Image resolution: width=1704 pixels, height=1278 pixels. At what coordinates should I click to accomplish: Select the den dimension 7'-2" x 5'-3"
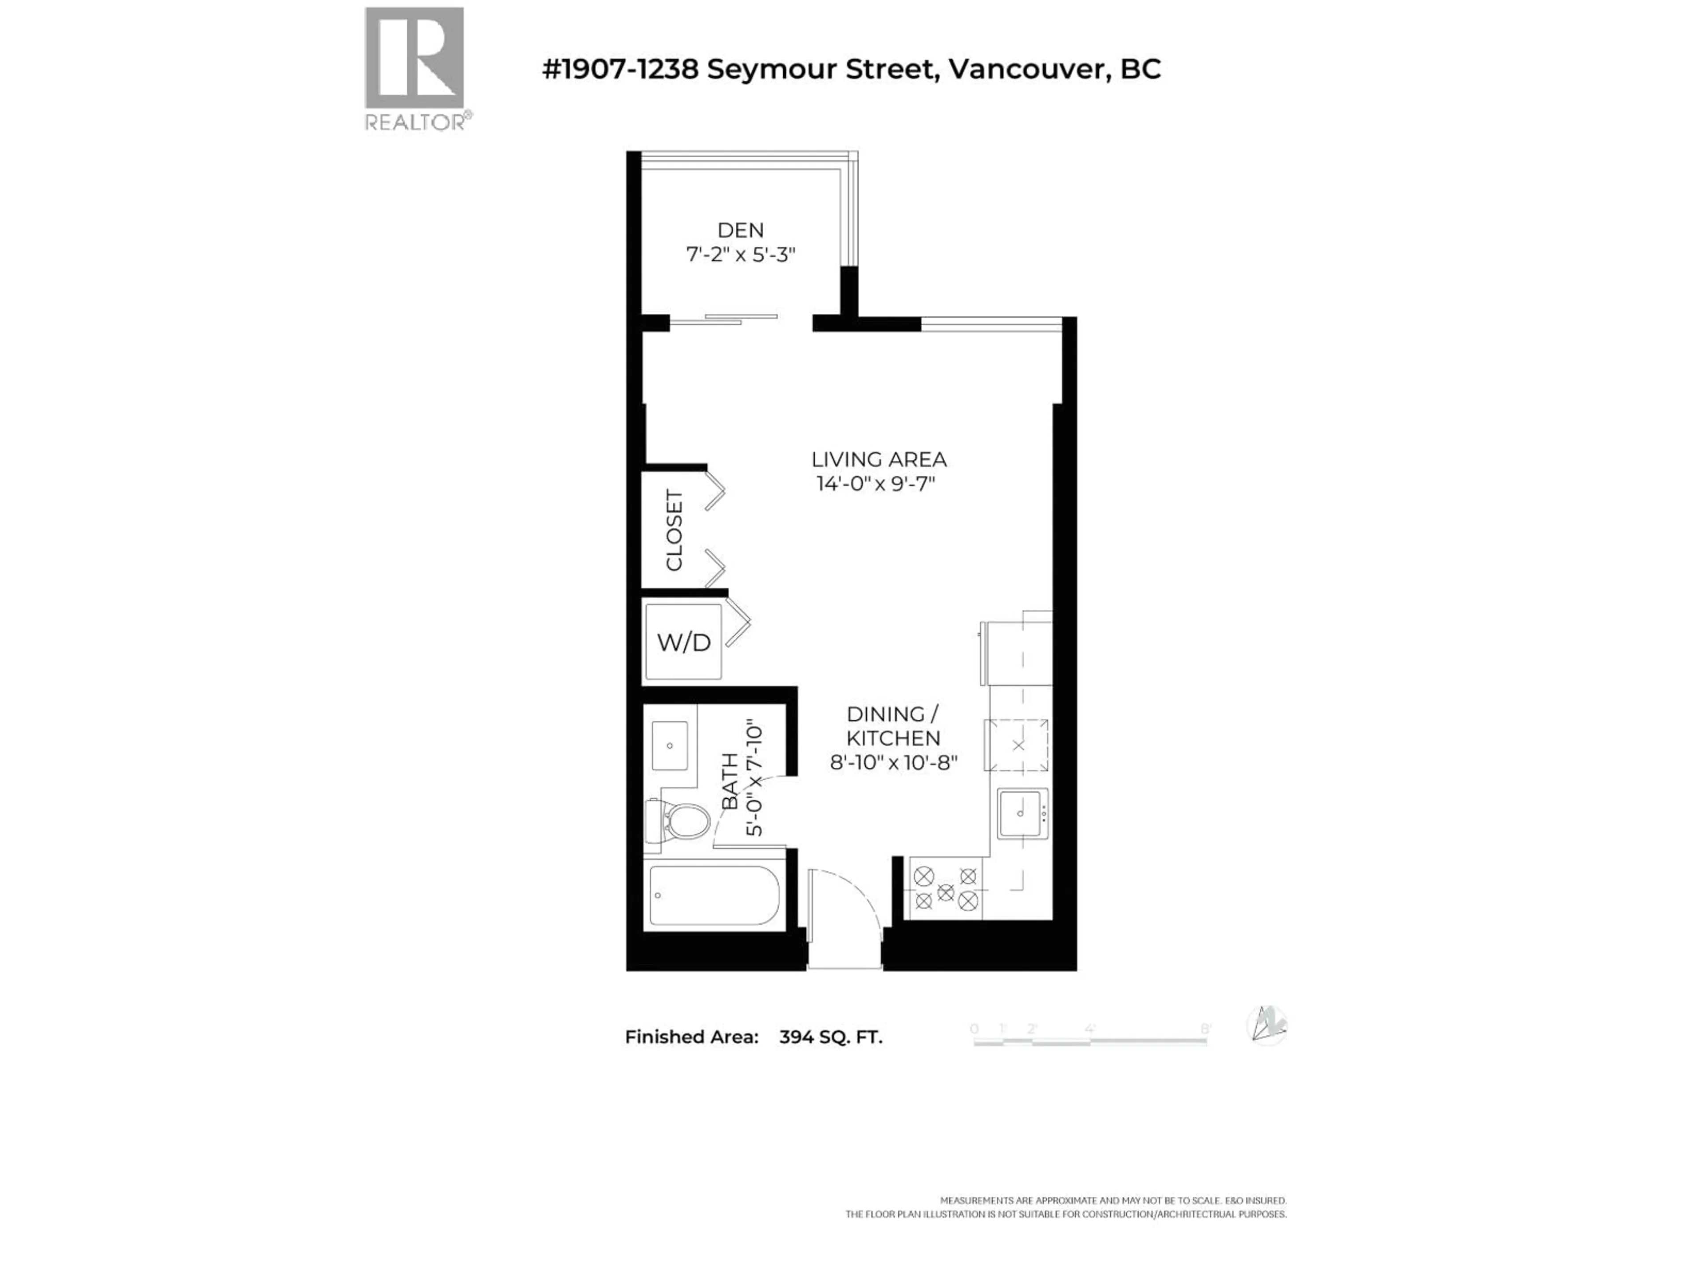coord(740,255)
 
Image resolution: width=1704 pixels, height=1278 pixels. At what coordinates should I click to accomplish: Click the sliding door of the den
coord(724,319)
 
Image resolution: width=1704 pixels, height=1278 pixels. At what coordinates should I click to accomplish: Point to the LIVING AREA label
coord(878,460)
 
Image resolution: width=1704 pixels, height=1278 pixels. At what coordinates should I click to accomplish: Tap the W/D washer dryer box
coord(683,642)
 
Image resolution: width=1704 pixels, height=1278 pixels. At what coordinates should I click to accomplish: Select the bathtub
coord(714,895)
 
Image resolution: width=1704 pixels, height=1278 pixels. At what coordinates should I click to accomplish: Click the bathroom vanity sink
coord(670,745)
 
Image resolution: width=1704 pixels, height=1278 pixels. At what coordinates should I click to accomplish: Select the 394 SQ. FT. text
coord(830,1037)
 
